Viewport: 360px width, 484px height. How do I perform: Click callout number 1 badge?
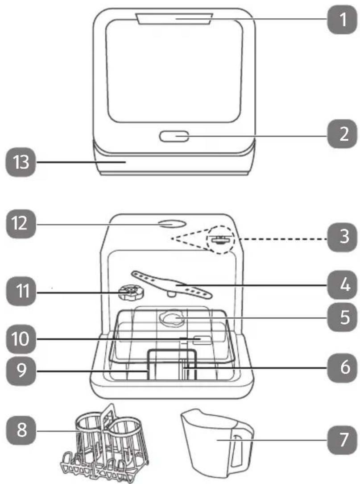(x=343, y=20)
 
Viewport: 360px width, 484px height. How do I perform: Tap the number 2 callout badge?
(x=343, y=134)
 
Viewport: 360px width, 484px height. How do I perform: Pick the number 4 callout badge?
(x=343, y=285)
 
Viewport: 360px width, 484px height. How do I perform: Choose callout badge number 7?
(x=343, y=440)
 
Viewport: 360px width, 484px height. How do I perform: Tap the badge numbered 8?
(x=21, y=430)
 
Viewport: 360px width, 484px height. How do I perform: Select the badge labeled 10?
(x=21, y=339)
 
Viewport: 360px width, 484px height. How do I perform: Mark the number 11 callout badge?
(x=21, y=292)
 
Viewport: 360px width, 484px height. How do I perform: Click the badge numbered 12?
(x=21, y=224)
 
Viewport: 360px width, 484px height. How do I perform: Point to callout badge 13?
(x=21, y=162)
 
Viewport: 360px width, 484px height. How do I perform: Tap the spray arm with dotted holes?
(x=171, y=284)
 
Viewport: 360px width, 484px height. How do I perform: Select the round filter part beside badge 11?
(x=132, y=293)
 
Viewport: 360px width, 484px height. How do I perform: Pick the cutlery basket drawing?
(x=105, y=445)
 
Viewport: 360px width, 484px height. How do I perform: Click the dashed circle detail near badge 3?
(x=221, y=239)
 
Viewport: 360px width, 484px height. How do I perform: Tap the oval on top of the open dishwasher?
(x=171, y=224)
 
